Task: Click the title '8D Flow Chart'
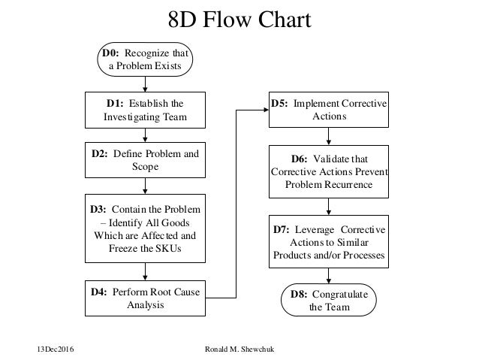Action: coord(239,20)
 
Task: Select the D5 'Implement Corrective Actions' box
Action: coord(328,110)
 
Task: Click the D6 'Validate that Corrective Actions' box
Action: coord(328,171)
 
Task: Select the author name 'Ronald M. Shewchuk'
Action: coord(239,349)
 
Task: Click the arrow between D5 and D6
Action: coord(328,136)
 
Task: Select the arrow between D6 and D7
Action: coord(328,206)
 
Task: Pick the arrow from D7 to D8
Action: coord(328,276)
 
